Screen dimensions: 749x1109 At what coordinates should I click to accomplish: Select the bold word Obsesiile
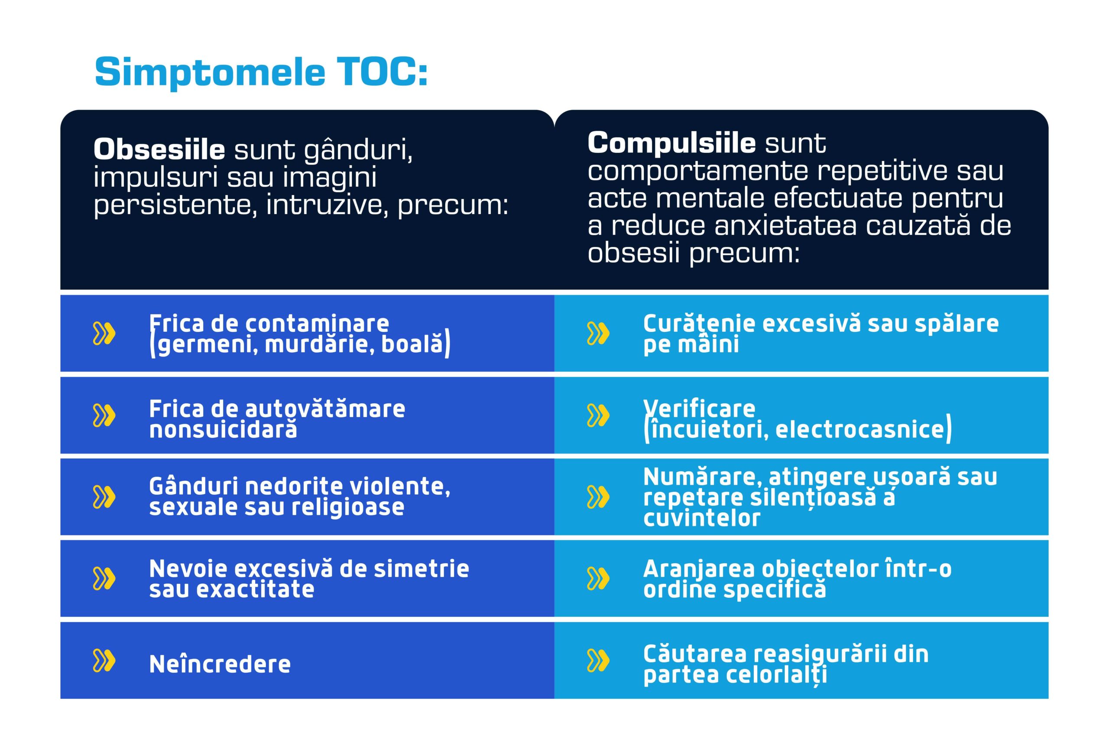point(159,149)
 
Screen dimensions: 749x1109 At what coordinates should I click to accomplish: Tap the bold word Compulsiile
point(671,143)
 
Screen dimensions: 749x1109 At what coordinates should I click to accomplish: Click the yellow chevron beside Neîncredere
point(104,660)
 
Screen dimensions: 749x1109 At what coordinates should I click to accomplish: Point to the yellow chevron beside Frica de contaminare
point(104,333)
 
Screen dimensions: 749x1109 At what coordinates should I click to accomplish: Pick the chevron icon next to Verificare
point(598,415)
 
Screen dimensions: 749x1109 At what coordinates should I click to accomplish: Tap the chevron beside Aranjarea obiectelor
point(598,578)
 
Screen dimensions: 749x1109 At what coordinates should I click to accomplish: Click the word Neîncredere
point(220,664)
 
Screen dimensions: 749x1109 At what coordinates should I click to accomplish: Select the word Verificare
point(699,409)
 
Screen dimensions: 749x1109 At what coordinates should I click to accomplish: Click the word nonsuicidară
point(223,429)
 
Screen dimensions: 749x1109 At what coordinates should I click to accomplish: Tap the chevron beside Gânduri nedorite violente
point(104,497)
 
